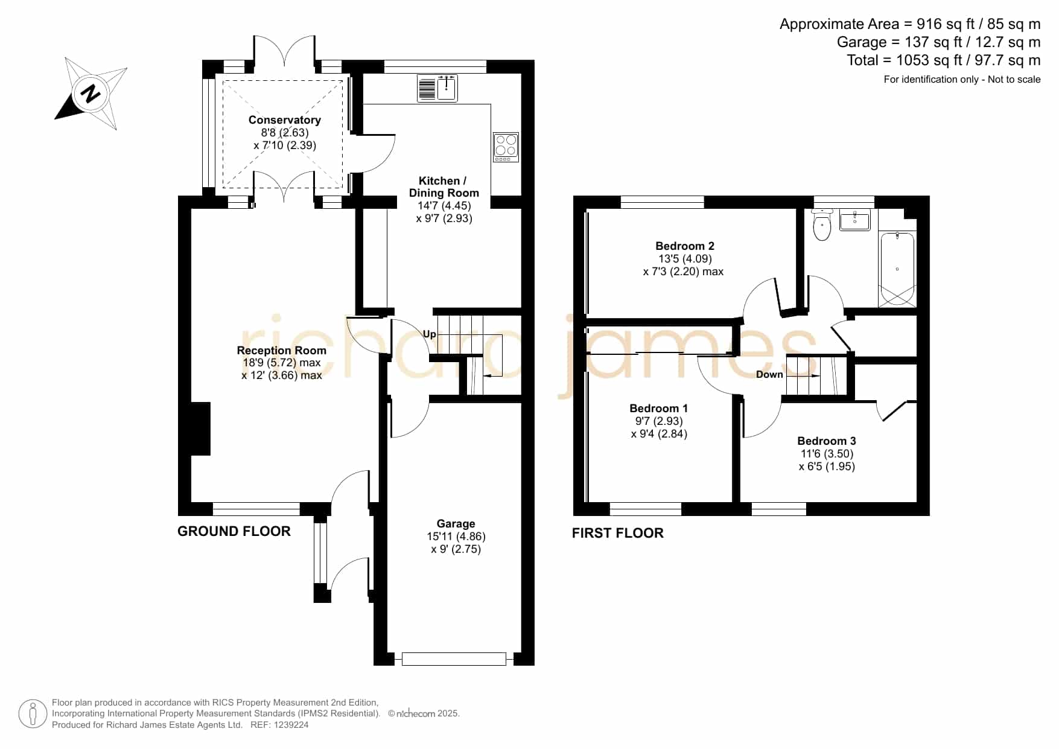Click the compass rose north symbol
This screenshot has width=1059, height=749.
click(x=91, y=94)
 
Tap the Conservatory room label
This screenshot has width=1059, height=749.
click(x=285, y=120)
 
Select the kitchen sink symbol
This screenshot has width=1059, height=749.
click(x=437, y=88)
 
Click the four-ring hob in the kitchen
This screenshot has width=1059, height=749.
click(x=506, y=147)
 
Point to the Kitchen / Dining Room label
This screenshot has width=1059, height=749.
click(x=444, y=186)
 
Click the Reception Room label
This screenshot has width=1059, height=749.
click(x=282, y=350)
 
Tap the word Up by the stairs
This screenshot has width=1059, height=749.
click(x=429, y=334)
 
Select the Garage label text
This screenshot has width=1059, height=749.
click(x=456, y=523)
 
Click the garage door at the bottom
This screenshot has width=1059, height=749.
click(x=454, y=659)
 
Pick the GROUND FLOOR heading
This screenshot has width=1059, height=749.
click(x=234, y=531)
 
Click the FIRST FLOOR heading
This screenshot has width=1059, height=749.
click(x=618, y=533)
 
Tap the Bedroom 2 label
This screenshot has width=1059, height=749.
click(x=685, y=246)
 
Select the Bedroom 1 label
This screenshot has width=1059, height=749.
click(x=659, y=408)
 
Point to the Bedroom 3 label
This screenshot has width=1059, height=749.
click(x=827, y=441)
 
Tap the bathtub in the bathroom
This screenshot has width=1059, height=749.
click(x=897, y=269)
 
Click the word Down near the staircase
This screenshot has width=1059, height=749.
click(x=769, y=374)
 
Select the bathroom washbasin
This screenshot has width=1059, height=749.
click(x=854, y=220)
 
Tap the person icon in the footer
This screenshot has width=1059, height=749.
click(x=33, y=714)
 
